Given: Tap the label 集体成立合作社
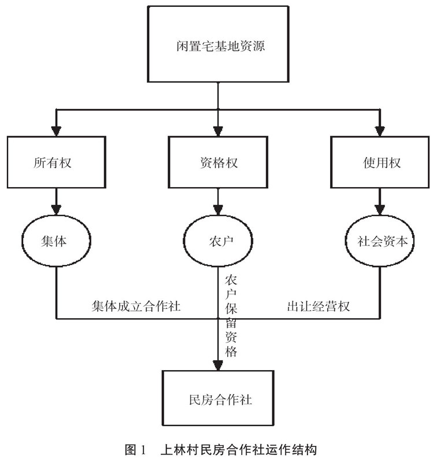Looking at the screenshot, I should (136, 306).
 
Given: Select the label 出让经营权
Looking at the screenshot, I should (319, 306).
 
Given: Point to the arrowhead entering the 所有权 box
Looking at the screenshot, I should (56, 130).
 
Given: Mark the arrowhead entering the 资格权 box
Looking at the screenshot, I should (217, 130).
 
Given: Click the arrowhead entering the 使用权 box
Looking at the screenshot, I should (379, 130).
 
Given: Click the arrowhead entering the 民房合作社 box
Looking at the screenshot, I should (217, 366).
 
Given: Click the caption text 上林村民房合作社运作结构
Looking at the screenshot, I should (239, 449).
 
